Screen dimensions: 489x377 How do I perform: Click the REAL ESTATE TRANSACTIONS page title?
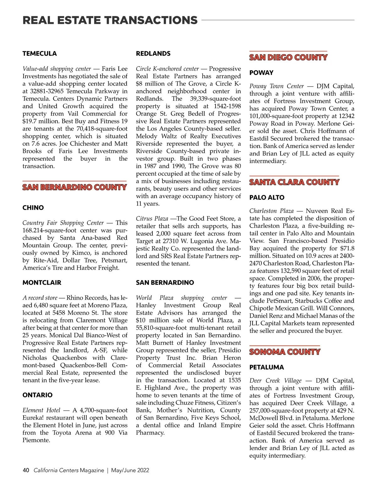(x=110, y=20)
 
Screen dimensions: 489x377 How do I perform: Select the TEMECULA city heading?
(x=40, y=54)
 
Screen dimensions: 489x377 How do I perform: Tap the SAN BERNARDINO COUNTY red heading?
(x=74, y=187)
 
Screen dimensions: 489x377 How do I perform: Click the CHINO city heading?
(x=33, y=208)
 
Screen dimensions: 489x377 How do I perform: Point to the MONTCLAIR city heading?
(x=42, y=283)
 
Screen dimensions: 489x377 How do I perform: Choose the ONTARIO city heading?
(x=37, y=395)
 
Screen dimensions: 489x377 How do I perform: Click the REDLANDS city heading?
(x=153, y=54)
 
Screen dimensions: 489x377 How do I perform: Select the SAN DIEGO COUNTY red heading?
(x=288, y=57)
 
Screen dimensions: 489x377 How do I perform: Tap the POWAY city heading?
(x=261, y=73)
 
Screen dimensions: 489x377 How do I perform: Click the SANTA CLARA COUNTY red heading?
(x=294, y=182)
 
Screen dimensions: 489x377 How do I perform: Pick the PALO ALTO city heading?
(x=267, y=198)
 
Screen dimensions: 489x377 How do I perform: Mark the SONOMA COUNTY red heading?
(x=285, y=352)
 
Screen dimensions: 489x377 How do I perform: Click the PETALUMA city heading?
(x=266, y=368)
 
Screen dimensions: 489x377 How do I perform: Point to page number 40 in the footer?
(x=26, y=470)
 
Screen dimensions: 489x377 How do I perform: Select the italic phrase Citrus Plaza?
(x=152, y=218)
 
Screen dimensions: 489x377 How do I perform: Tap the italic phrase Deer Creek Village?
(x=275, y=381)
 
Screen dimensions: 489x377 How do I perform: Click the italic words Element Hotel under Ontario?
(x=41, y=410)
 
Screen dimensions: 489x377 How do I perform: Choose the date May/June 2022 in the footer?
(x=130, y=470)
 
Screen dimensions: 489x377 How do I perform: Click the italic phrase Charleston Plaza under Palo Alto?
(x=271, y=211)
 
